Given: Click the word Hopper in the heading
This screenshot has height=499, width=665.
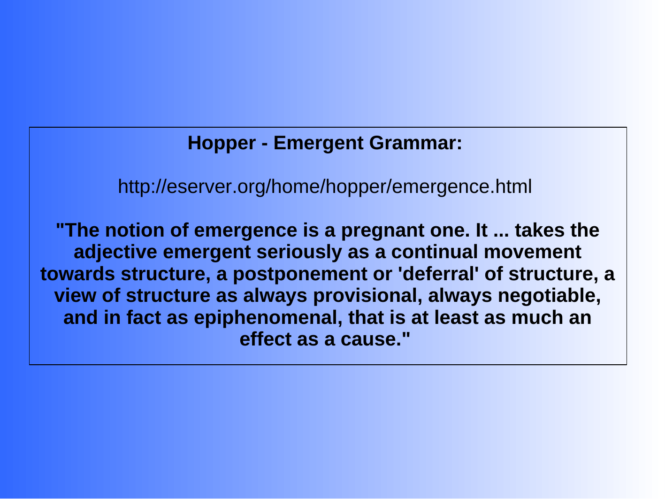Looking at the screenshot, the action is click(222, 144).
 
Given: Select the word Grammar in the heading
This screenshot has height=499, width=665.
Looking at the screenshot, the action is click(416, 144).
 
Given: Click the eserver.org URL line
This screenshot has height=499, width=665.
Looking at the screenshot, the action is click(325, 187).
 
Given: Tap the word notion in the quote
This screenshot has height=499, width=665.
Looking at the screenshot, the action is click(134, 230).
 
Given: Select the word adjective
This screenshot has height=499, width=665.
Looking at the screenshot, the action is click(115, 253).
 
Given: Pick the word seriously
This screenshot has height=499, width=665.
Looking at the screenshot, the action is click(299, 253).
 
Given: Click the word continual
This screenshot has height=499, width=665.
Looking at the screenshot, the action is click(435, 252).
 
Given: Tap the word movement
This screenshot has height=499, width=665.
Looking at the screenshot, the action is click(532, 253).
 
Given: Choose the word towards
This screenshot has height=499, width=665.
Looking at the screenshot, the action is click(77, 274).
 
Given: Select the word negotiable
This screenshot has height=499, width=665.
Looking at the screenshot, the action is click(549, 296).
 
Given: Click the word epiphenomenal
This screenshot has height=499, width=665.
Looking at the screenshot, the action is click(268, 318).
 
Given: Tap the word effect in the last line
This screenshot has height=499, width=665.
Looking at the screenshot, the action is click(266, 339).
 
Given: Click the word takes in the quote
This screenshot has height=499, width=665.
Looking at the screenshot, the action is click(540, 230).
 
